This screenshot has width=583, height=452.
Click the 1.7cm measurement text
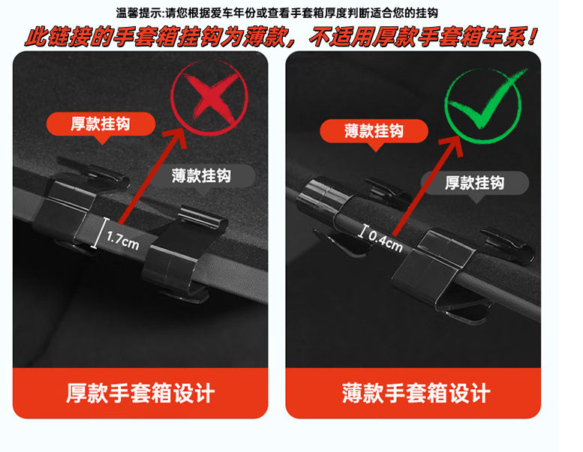point(123,241)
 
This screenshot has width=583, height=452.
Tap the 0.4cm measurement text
point(386,240)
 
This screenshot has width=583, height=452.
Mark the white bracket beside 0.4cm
point(363,231)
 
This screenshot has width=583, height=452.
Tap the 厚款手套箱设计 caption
point(140,393)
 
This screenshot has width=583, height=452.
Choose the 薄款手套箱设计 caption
point(416,393)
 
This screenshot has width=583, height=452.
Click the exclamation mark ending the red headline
point(533,36)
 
